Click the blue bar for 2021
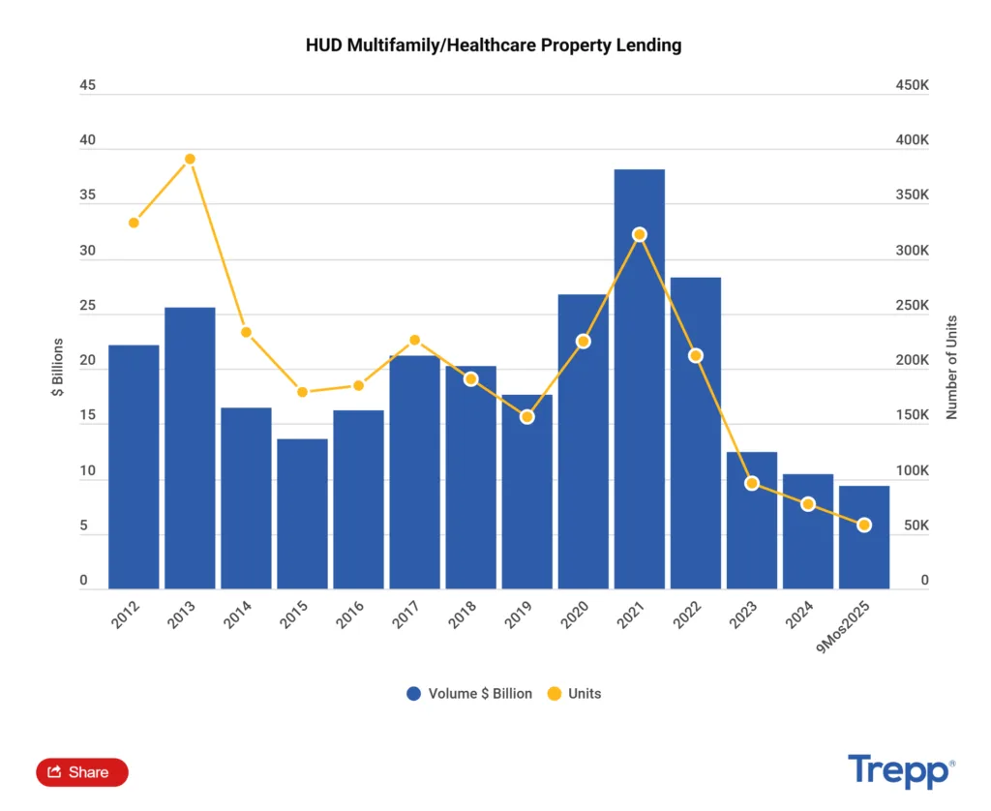pyautogui.click(x=639, y=378)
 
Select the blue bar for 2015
pyautogui.click(x=302, y=513)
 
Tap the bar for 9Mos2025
pyautogui.click(x=863, y=536)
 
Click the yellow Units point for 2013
pyautogui.click(x=190, y=159)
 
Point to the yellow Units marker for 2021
pyautogui.click(x=639, y=234)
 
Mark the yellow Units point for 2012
pyautogui.click(x=134, y=223)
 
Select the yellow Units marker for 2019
pyautogui.click(x=526, y=417)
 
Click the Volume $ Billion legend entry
pyautogui.click(x=469, y=694)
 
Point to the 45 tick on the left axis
pyautogui.click(x=88, y=85)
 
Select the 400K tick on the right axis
pyautogui.click(x=912, y=140)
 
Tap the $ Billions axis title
pyautogui.click(x=57, y=367)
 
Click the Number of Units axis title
pyautogui.click(x=951, y=367)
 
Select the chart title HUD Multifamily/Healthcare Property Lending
pyautogui.click(x=494, y=45)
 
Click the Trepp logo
pyautogui.click(x=900, y=771)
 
